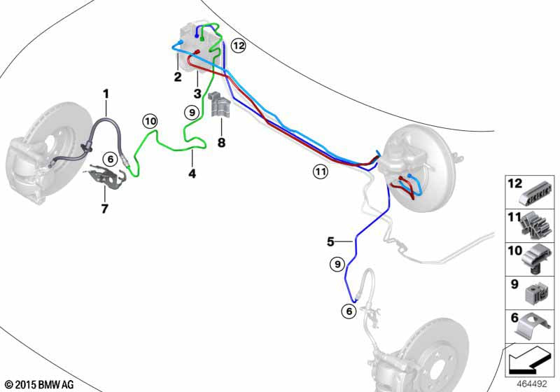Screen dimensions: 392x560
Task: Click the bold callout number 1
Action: coord(106,92)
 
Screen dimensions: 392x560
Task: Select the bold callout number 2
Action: coord(178,76)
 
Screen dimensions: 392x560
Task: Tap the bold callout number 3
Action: coord(197,93)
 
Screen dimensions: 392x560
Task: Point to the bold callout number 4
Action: coord(192,172)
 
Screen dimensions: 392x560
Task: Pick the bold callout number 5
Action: coord(331,241)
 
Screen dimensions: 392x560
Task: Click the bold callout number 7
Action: coord(104,208)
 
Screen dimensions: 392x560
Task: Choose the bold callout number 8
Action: coord(222,143)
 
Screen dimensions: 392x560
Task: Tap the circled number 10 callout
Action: coord(150,121)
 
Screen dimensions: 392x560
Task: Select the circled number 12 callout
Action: coord(239,46)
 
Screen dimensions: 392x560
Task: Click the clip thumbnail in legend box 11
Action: coord(536,224)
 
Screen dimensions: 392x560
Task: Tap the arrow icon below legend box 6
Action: coord(526,362)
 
